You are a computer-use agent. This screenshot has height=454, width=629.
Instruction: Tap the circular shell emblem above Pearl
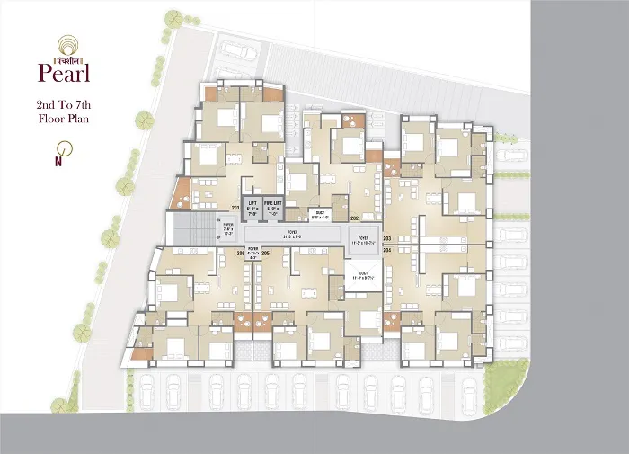63,43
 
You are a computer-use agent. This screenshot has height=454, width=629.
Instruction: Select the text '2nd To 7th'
62,104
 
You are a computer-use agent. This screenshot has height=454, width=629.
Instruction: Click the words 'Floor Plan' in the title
62,118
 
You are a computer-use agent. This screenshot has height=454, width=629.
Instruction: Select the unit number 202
354,218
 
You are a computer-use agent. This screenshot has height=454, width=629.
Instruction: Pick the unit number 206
265,254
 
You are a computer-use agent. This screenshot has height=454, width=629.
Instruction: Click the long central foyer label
294,235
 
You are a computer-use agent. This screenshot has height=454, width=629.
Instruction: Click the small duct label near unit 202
320,216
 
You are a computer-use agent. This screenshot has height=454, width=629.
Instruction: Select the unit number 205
240,254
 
